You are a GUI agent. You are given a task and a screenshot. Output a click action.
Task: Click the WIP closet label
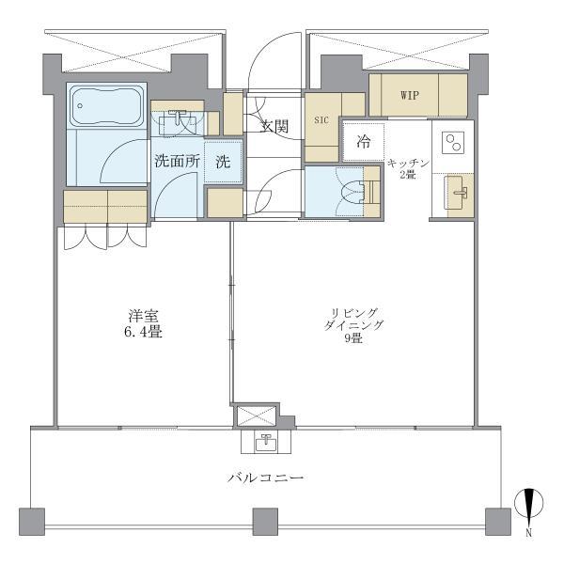410,96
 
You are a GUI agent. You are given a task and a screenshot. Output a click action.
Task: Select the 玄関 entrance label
274,126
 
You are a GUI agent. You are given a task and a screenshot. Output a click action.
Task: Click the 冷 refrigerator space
363,143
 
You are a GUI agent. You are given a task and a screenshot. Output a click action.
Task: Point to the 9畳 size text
355,338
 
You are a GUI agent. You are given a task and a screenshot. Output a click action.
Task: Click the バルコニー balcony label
265,478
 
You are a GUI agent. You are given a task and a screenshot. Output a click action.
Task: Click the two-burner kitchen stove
453,143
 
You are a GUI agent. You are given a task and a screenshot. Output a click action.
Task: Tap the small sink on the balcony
266,441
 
